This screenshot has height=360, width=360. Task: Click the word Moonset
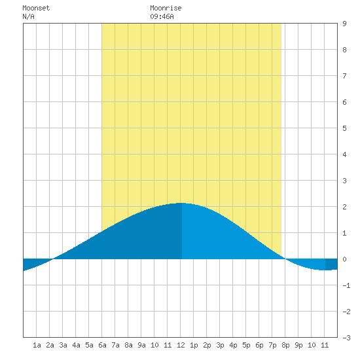click(36, 8)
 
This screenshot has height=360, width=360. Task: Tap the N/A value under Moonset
click(28, 16)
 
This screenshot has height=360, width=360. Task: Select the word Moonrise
click(166, 8)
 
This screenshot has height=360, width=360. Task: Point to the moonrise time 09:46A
click(162, 16)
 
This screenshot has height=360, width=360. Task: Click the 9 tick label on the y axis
click(344, 24)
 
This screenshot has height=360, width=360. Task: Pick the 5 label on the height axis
click(344, 128)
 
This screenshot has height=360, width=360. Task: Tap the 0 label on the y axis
click(344, 259)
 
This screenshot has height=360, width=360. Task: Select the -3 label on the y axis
click(346, 338)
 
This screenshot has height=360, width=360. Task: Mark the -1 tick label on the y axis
click(346, 285)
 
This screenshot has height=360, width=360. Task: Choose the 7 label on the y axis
click(344, 76)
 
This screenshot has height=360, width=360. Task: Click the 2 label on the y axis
click(344, 207)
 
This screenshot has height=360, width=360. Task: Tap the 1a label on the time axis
click(37, 345)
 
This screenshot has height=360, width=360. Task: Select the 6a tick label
click(102, 345)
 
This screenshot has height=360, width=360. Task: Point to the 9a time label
click(141, 345)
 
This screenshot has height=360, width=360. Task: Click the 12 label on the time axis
click(181, 345)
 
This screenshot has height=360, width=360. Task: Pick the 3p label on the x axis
click(220, 345)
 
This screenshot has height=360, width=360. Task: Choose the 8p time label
click(285, 345)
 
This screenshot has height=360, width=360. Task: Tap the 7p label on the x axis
click(272, 345)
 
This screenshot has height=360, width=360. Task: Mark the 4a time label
click(76, 345)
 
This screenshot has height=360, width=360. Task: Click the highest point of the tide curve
click(181, 203)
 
